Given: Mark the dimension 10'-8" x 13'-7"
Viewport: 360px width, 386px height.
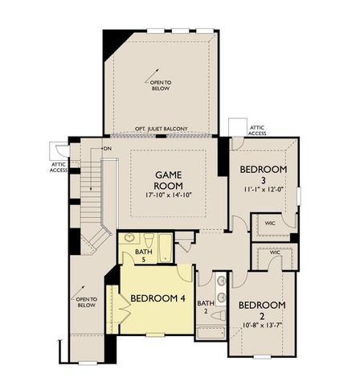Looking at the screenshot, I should click(262, 325).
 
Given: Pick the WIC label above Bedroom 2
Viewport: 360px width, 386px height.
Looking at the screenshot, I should click(273, 253).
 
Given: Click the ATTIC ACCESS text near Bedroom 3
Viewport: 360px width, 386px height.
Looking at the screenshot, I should click(258, 129).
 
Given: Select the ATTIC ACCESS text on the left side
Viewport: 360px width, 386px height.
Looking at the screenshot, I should click(59, 166).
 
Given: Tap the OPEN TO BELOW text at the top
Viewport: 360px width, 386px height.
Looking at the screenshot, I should click(161, 84).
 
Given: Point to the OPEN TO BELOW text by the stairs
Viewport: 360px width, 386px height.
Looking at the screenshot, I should click(86, 302).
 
